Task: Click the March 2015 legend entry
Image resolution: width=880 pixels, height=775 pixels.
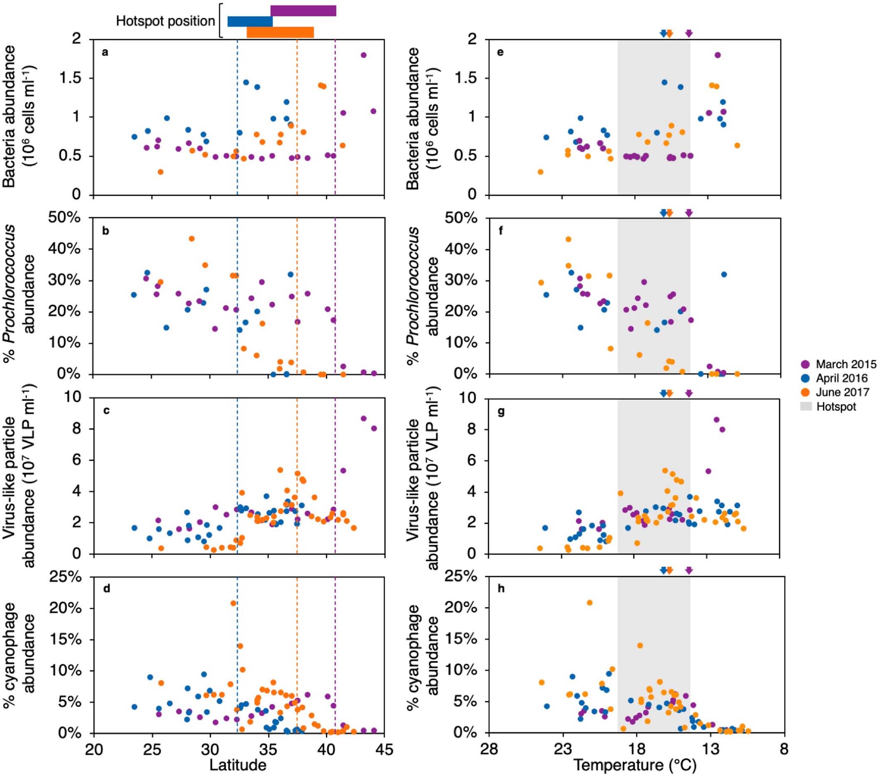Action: (840, 364)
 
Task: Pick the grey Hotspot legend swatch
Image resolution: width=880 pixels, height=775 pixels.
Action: (806, 406)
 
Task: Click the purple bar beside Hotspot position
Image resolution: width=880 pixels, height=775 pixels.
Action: (303, 11)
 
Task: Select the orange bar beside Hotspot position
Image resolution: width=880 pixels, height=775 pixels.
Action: (280, 32)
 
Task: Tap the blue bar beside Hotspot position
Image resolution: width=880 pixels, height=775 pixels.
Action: (250, 22)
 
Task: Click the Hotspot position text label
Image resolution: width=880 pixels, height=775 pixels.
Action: (165, 21)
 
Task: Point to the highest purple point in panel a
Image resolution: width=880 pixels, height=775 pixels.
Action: (363, 55)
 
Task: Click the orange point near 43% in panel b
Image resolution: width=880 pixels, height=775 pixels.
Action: (192, 239)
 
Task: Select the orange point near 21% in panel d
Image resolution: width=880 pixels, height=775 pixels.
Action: (233, 603)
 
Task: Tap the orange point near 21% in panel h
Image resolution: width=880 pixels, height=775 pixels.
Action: (589, 603)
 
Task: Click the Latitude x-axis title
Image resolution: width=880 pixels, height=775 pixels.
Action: (238, 765)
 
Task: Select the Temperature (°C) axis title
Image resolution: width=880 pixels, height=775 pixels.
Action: (635, 765)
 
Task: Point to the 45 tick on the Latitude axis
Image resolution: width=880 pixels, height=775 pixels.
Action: (384, 750)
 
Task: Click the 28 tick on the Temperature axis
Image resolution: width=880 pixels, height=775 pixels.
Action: (489, 750)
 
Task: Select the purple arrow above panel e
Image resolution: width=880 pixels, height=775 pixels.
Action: (689, 34)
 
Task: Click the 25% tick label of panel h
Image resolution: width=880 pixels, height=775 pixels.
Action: (460, 576)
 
